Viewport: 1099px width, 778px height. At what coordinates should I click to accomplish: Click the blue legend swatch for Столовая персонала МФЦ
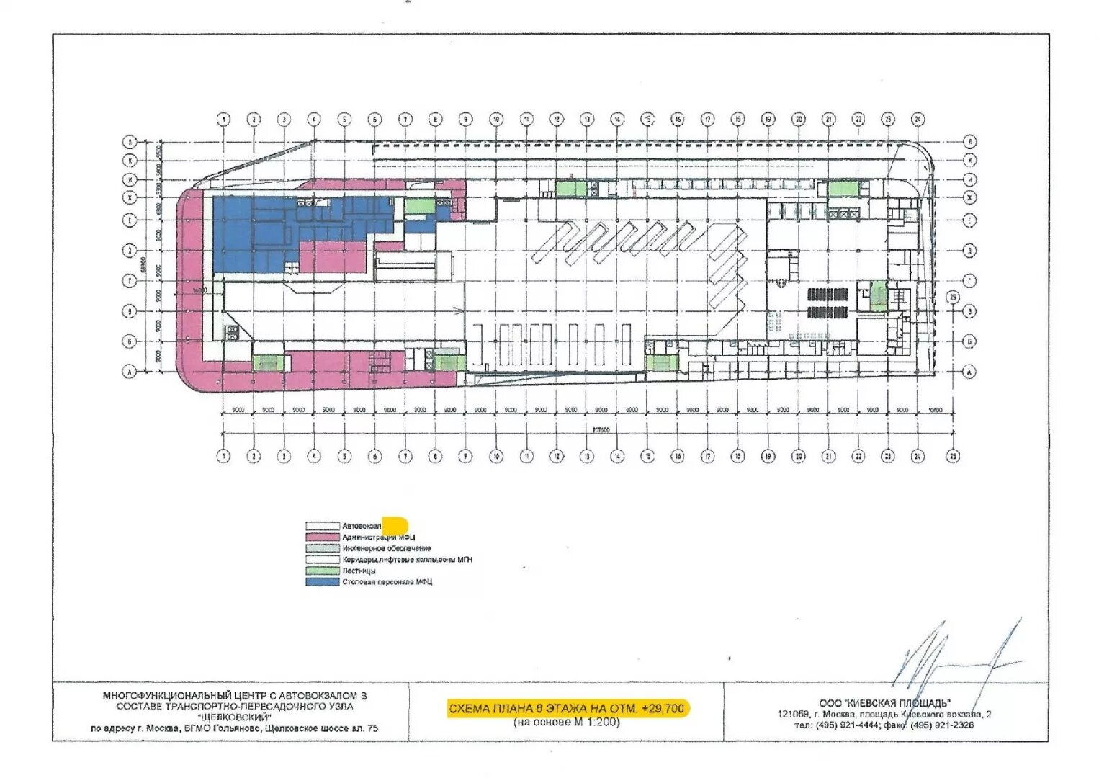point(322,581)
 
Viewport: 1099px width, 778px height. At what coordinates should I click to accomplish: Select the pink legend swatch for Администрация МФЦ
point(322,537)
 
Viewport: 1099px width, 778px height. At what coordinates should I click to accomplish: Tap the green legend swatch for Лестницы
point(322,571)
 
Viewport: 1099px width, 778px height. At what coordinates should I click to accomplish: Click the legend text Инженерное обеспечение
point(387,548)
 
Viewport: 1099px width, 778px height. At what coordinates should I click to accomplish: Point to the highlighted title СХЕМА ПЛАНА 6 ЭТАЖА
point(567,708)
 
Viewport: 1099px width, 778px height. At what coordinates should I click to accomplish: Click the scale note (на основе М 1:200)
point(567,722)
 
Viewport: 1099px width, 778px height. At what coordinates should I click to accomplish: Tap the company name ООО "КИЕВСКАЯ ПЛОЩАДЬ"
point(884,703)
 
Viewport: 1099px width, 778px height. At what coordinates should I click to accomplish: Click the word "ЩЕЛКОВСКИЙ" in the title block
point(235,717)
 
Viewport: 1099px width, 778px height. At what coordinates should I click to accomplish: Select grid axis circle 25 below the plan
point(954,456)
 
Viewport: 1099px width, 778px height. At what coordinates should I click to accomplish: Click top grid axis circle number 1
point(224,119)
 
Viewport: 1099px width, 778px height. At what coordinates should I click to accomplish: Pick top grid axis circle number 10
point(496,119)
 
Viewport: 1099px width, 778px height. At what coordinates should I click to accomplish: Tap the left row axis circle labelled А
point(130,372)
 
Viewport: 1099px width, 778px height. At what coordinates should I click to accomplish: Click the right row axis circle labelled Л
point(970,141)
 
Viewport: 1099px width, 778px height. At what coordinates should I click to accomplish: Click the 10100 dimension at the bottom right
point(935,410)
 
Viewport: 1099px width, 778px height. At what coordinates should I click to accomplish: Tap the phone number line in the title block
point(884,725)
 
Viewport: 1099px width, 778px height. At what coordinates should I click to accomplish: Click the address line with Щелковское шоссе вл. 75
point(235,728)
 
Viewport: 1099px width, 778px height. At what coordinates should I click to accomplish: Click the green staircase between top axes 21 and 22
point(843,189)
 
